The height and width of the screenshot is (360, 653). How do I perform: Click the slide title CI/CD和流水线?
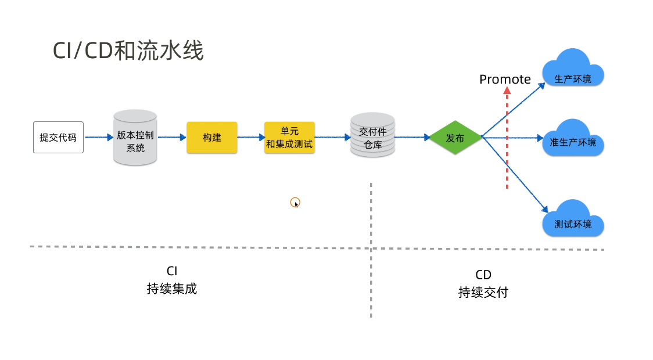[x=128, y=51]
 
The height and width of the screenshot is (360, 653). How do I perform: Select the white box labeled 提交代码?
[x=58, y=138]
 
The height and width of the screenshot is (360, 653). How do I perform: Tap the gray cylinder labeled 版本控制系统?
[x=135, y=138]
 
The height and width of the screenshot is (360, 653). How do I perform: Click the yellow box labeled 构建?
[x=212, y=138]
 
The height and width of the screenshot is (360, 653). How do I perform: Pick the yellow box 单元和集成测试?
[x=289, y=138]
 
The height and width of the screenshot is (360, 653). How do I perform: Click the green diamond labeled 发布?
[x=455, y=138]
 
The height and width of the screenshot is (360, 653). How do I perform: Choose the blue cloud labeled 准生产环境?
[x=573, y=139]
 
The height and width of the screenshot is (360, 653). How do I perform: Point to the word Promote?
[x=505, y=79]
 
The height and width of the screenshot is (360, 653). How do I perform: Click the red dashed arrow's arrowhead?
[x=507, y=91]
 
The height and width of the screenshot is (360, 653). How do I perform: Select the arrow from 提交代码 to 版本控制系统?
[x=98, y=138]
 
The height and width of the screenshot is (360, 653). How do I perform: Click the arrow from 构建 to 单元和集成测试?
[x=251, y=138]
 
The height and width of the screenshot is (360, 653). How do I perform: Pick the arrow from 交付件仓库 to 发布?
[x=412, y=138]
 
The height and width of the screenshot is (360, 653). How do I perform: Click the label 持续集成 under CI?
[x=172, y=289]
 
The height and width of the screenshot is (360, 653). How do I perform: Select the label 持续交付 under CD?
[x=483, y=292]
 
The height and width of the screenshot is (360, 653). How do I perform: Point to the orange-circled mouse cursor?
[x=295, y=202]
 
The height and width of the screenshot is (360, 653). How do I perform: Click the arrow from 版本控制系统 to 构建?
[x=172, y=138]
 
